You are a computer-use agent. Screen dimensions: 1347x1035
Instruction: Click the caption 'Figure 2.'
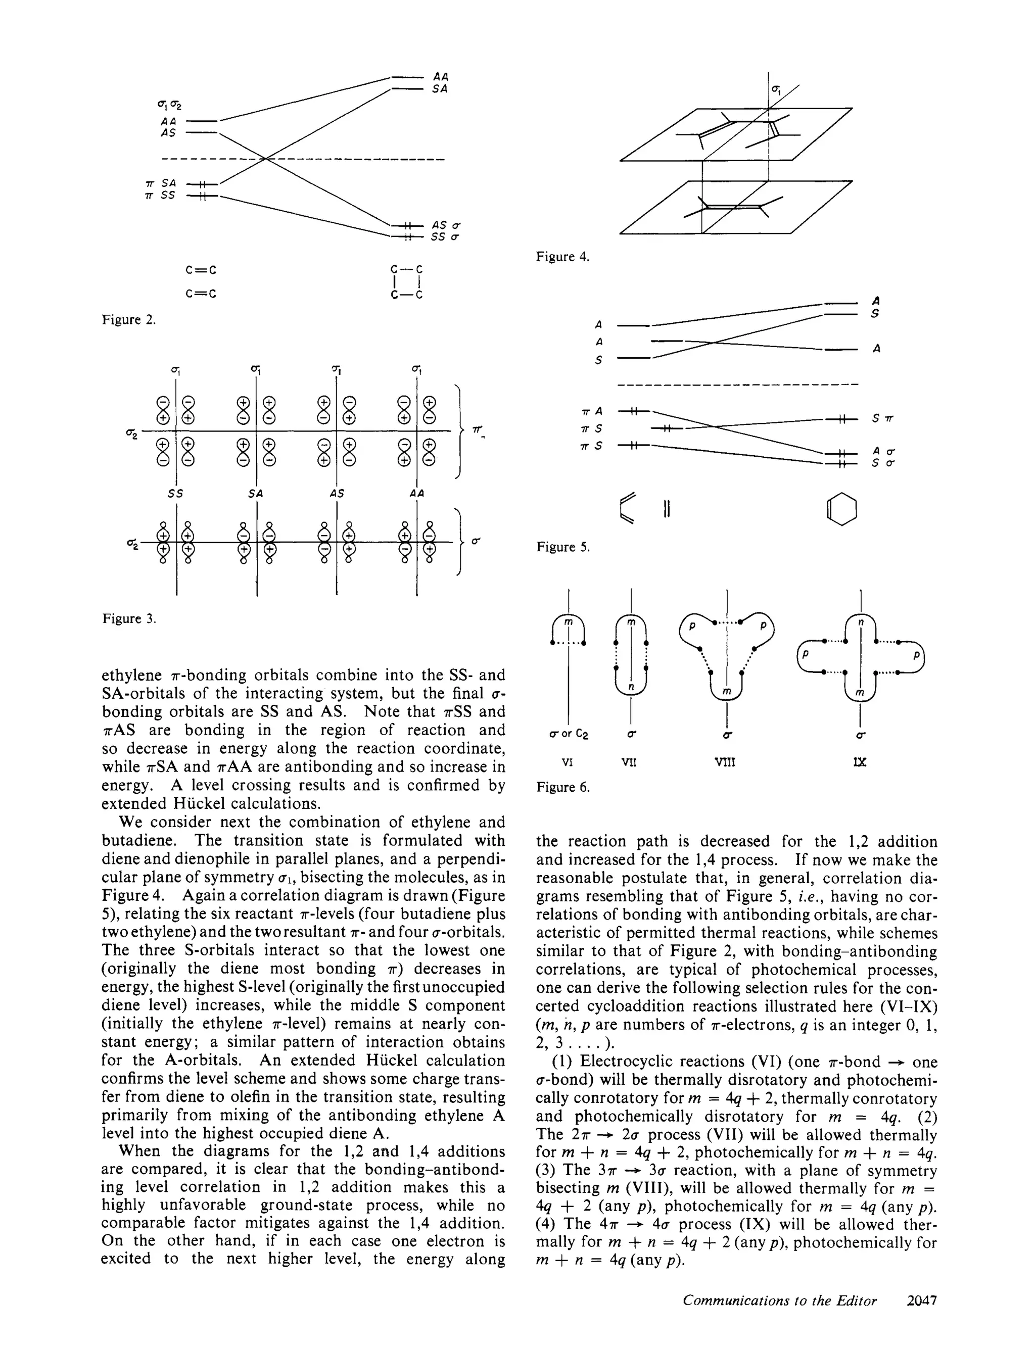click(129, 320)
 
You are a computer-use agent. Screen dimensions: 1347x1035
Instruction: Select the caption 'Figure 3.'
click(129, 618)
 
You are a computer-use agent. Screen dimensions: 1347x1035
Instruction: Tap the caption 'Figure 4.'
click(562, 256)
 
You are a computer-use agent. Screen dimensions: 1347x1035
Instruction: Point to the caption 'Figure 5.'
click(562, 547)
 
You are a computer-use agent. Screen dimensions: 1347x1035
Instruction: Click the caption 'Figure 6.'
click(562, 787)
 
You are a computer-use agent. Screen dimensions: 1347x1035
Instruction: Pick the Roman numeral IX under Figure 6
click(860, 762)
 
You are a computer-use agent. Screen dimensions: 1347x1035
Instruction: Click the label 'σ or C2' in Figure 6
click(569, 735)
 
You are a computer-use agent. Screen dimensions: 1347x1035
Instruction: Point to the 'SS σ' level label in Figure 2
click(445, 237)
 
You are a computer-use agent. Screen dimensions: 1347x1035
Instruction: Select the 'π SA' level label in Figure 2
click(161, 183)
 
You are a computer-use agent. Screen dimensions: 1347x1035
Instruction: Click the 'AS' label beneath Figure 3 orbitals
click(337, 493)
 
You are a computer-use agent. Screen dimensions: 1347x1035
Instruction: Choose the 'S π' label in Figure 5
click(882, 419)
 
